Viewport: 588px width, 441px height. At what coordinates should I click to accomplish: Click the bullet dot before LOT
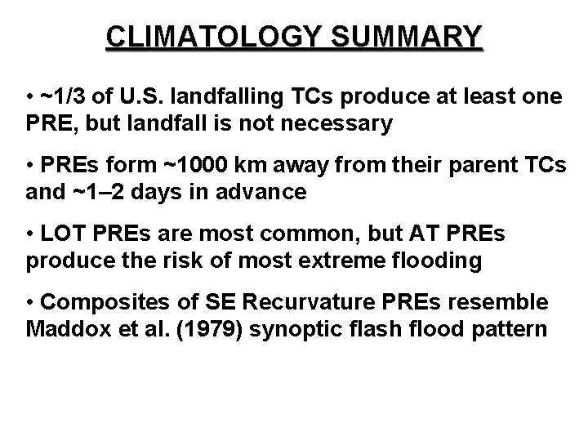[29, 235]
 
